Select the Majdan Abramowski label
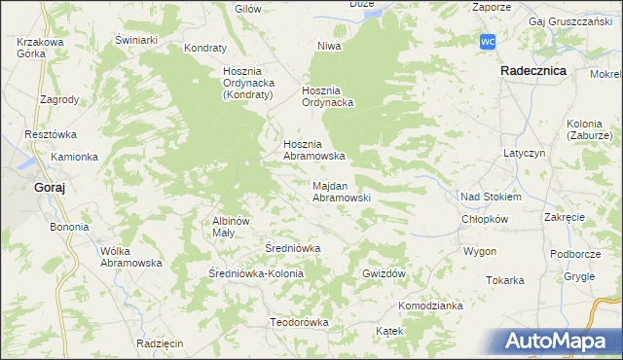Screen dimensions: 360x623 click(340, 191)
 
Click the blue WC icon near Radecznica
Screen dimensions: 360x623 click(489, 42)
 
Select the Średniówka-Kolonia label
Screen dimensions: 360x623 click(257, 274)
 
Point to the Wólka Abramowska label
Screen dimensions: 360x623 click(130, 257)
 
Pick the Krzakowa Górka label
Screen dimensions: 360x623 click(40, 48)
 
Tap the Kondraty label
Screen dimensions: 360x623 click(204, 48)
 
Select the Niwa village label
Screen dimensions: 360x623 click(327, 46)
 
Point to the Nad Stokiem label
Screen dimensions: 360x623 click(491, 197)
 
